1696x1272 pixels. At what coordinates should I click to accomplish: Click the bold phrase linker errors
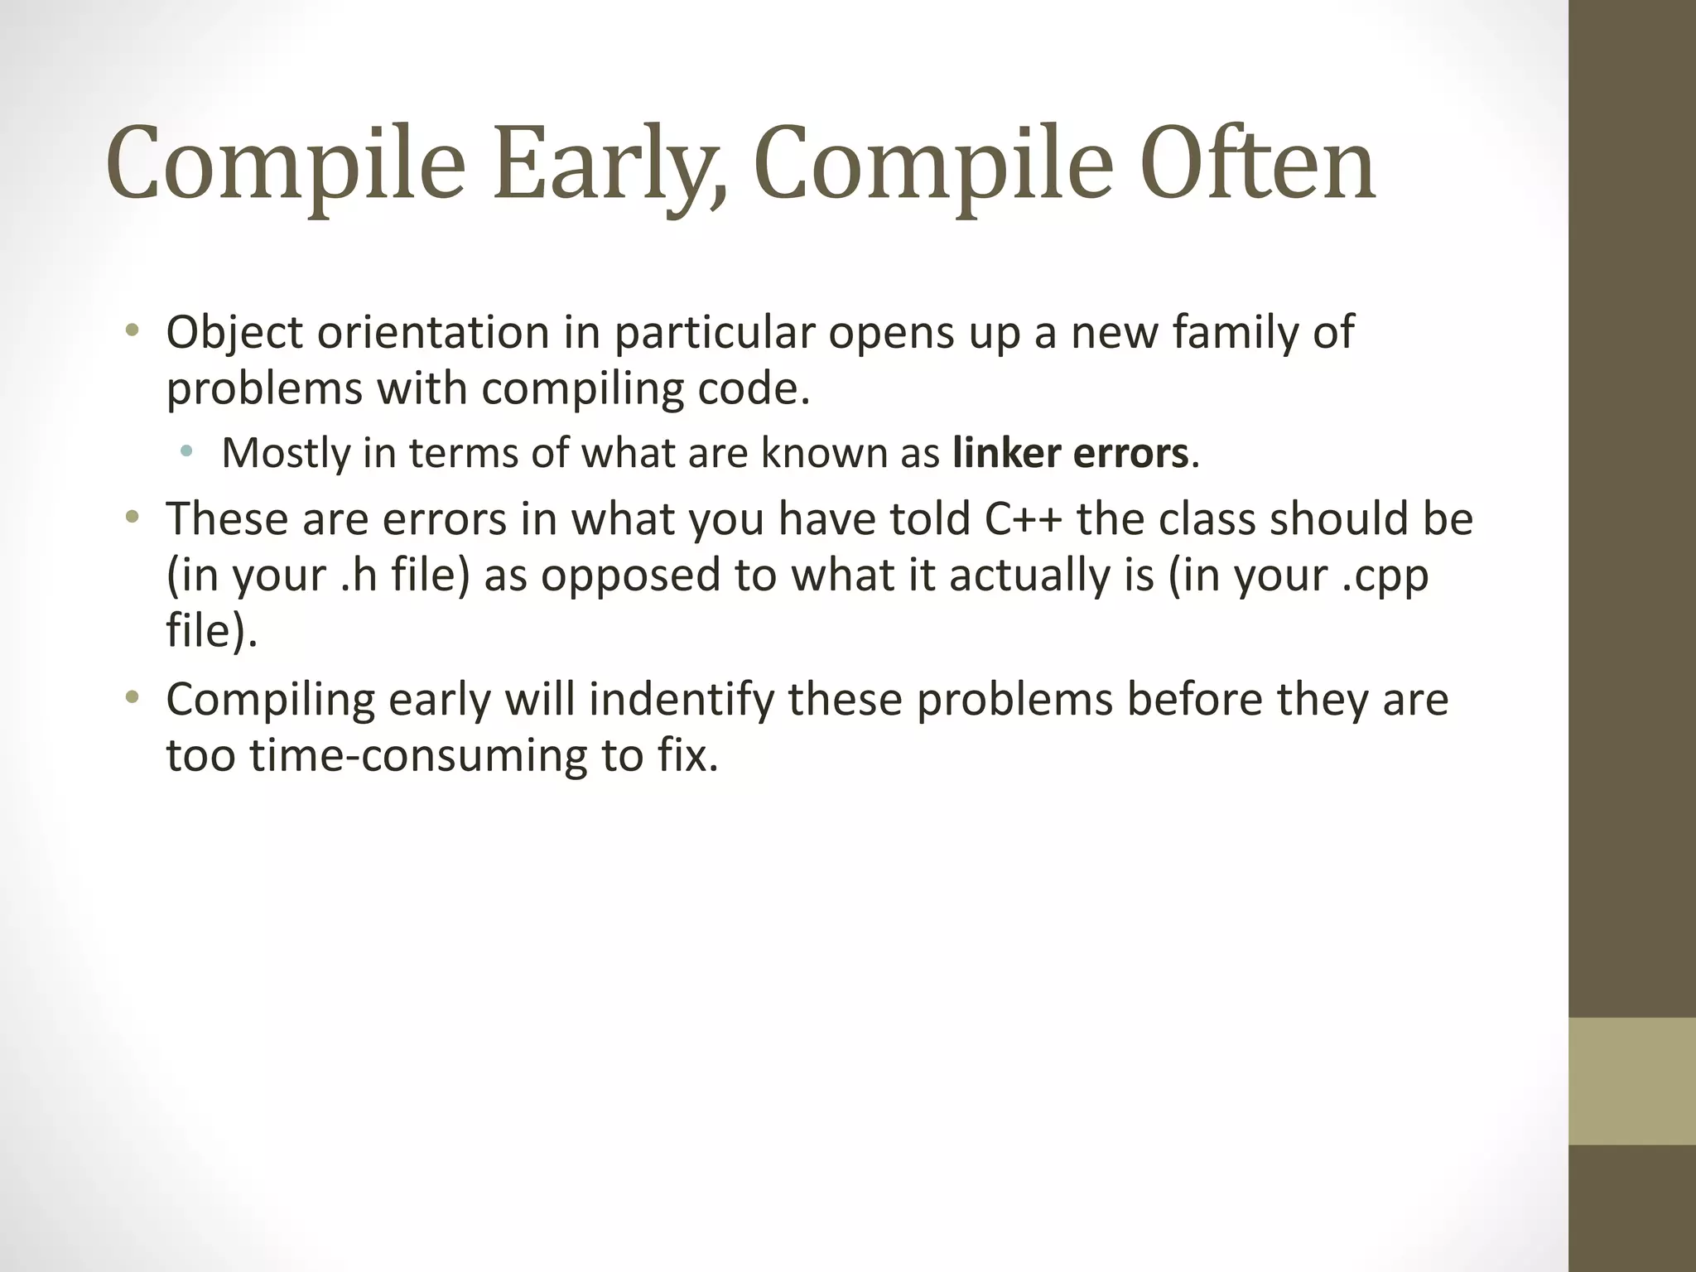pos(1070,453)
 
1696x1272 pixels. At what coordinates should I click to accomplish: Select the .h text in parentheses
pos(359,576)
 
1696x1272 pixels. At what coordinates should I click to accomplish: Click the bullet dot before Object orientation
pos(132,333)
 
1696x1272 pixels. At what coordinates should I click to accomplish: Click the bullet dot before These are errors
pos(132,519)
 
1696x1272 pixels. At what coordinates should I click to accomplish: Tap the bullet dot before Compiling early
pos(132,699)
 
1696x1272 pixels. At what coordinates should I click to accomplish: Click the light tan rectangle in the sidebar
pos(1631,1081)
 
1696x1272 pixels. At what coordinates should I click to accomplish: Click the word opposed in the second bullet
pos(630,576)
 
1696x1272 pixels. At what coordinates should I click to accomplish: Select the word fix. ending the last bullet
pos(688,755)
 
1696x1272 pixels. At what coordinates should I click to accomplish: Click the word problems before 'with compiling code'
pos(264,389)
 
